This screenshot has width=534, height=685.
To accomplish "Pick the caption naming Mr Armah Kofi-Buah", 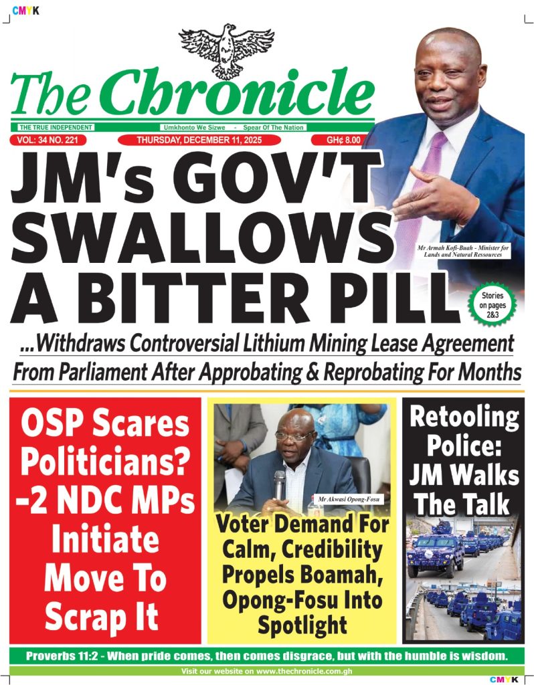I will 462,252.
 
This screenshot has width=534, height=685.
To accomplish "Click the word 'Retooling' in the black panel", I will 463,418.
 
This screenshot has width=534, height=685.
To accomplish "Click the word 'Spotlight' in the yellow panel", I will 301,625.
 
